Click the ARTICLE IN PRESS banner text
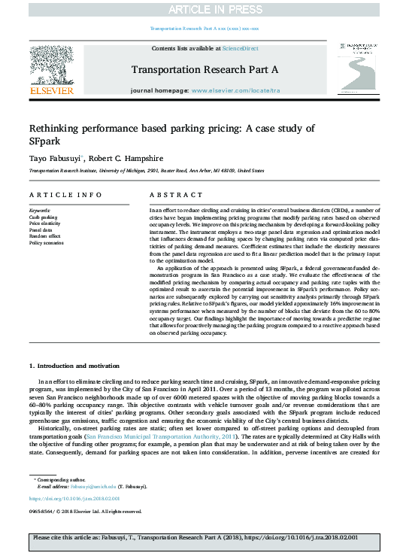[204, 8]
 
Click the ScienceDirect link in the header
[241, 48]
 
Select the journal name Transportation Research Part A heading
[204, 69]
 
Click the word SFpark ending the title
[44, 141]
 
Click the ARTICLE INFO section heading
[65, 195]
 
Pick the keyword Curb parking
[43, 217]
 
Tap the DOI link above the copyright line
[74, 499]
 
